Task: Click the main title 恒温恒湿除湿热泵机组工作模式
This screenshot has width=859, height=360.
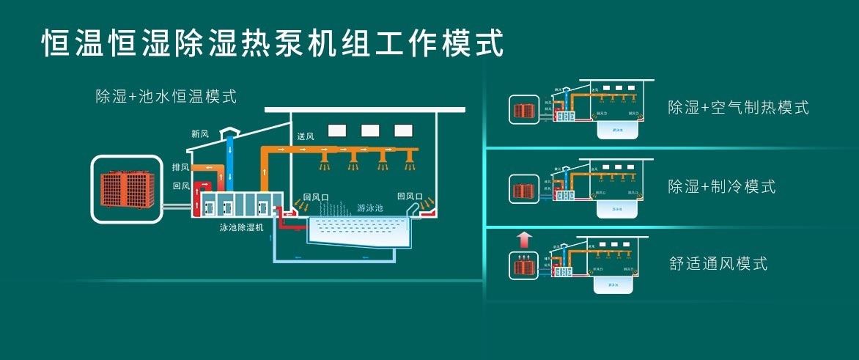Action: point(273,42)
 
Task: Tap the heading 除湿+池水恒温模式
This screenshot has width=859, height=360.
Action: point(166,96)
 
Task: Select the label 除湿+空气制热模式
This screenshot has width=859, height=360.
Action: point(738,108)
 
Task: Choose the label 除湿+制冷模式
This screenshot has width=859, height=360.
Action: point(721,186)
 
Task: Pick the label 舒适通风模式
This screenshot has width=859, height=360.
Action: point(718,263)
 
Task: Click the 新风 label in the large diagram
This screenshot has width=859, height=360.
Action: point(200,134)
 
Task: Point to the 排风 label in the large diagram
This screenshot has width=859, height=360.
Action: point(180,167)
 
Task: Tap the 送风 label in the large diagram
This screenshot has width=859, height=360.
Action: point(306,137)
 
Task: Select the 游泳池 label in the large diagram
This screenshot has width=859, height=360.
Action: point(369,208)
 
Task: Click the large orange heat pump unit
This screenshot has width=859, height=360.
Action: point(125,188)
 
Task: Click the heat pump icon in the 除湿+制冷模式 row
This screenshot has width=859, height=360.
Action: point(523,191)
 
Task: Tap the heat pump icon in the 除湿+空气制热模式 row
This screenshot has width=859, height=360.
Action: point(523,111)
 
